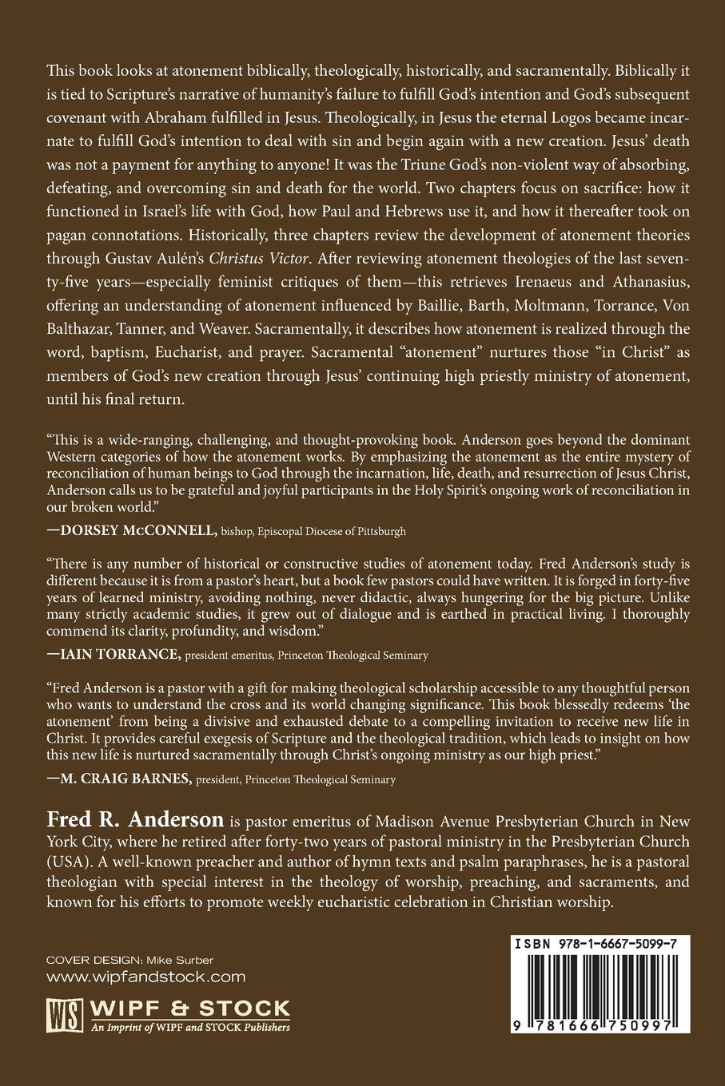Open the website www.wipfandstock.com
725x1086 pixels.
pyautogui.click(x=145, y=977)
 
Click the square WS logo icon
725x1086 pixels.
pyautogui.click(x=62, y=1014)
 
